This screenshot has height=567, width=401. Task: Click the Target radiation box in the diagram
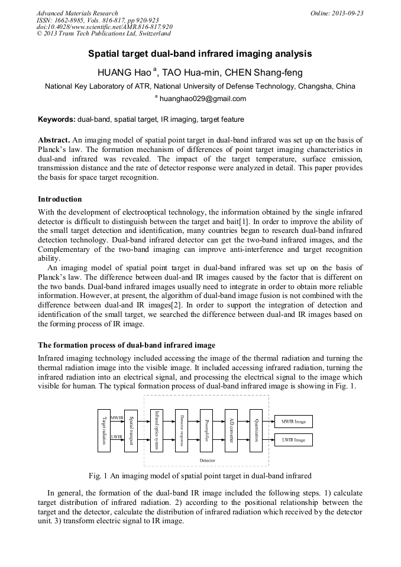[104, 430]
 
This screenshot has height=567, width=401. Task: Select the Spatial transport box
[131, 430]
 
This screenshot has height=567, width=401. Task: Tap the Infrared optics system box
[156, 430]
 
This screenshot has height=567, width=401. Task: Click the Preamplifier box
[206, 430]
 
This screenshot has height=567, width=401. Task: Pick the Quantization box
[256, 430]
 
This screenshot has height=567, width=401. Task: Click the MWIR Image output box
[293, 422]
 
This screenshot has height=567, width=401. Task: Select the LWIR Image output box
[293, 440]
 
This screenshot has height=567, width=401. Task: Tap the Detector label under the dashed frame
[207, 460]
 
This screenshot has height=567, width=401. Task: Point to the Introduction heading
[60, 199]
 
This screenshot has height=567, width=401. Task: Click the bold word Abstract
[53, 140]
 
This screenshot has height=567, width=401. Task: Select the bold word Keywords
[56, 119]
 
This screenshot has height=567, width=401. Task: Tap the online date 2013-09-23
[349, 13]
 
